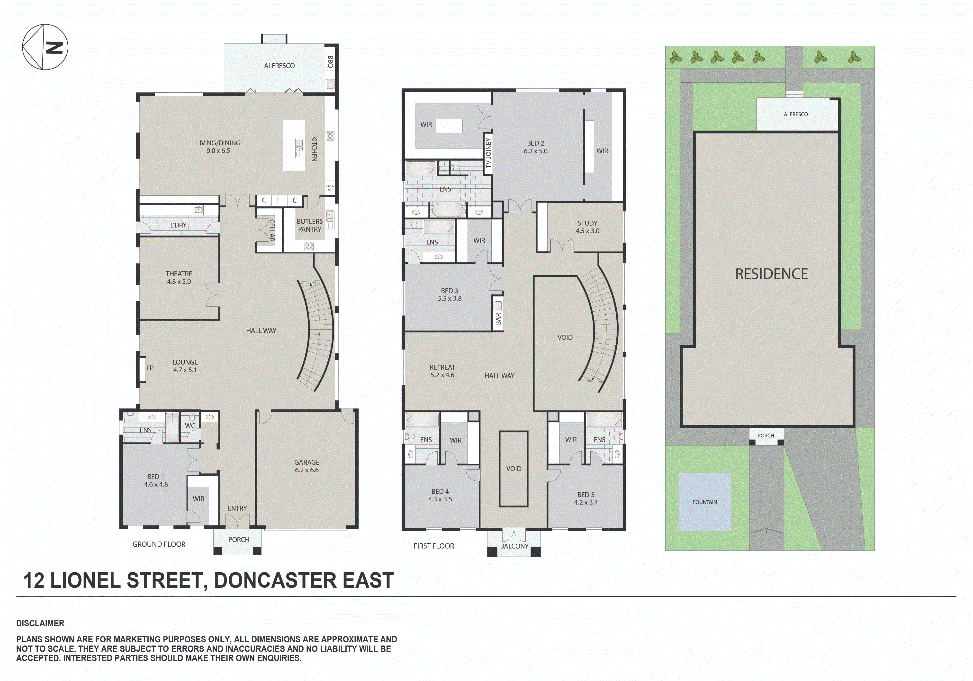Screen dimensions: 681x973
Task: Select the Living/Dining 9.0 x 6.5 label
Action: [218, 147]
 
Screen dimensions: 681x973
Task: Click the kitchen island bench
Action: [294, 146]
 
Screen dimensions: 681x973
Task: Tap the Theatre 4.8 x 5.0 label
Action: [179, 277]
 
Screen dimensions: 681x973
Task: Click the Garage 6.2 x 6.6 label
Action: [307, 466]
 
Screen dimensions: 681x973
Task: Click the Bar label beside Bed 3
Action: [498, 318]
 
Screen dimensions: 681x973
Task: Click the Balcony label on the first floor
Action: [514, 546]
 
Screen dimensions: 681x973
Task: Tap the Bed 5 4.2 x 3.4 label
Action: [586, 498]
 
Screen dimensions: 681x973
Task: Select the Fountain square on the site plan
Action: [705, 502]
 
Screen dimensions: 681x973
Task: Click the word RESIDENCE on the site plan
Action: [771, 274]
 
